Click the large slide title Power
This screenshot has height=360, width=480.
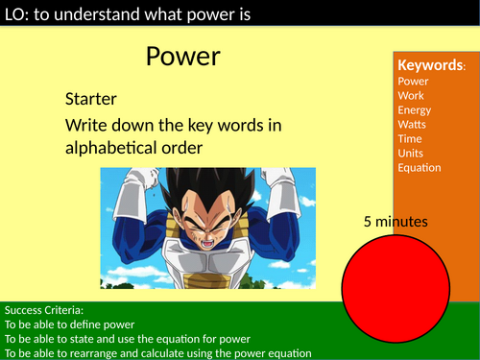pos(183,57)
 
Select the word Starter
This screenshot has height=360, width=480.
pos(92,99)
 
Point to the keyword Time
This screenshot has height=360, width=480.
pos(411,139)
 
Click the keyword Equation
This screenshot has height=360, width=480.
pos(420,168)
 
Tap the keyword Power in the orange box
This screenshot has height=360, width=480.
pos(415,82)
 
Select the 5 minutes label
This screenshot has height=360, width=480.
pos(396,222)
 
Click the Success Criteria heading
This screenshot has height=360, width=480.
pos(45,310)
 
